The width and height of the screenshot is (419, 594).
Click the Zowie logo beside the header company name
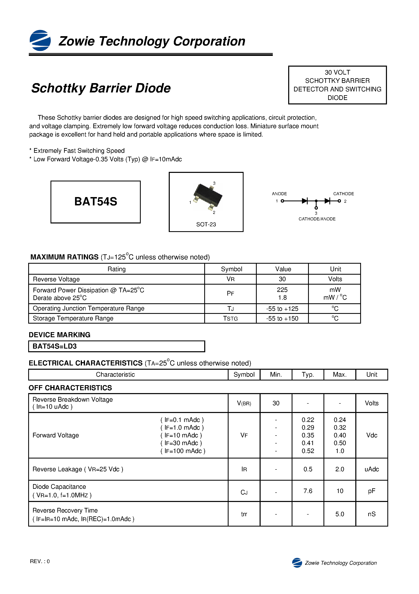40,40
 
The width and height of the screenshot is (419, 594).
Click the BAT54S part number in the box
96,202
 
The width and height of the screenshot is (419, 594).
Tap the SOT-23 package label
206,224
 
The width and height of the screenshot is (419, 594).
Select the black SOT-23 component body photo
208,195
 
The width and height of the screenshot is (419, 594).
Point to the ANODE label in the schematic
279,194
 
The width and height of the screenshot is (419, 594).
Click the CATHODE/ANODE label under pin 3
317,219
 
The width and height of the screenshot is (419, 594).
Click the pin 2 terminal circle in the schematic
339,201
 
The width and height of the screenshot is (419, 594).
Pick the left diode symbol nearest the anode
305,201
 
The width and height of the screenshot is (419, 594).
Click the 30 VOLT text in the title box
337,73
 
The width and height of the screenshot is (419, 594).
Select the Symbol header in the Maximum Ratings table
231,269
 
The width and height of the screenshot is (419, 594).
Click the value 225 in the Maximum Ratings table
282,290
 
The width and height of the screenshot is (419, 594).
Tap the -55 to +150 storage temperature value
282,319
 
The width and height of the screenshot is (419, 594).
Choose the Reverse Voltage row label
56,279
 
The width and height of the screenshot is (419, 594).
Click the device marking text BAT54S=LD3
55,346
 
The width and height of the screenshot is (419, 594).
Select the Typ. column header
308,374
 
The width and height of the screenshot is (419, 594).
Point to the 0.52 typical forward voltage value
308,451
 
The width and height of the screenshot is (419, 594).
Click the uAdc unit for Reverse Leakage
372,469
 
